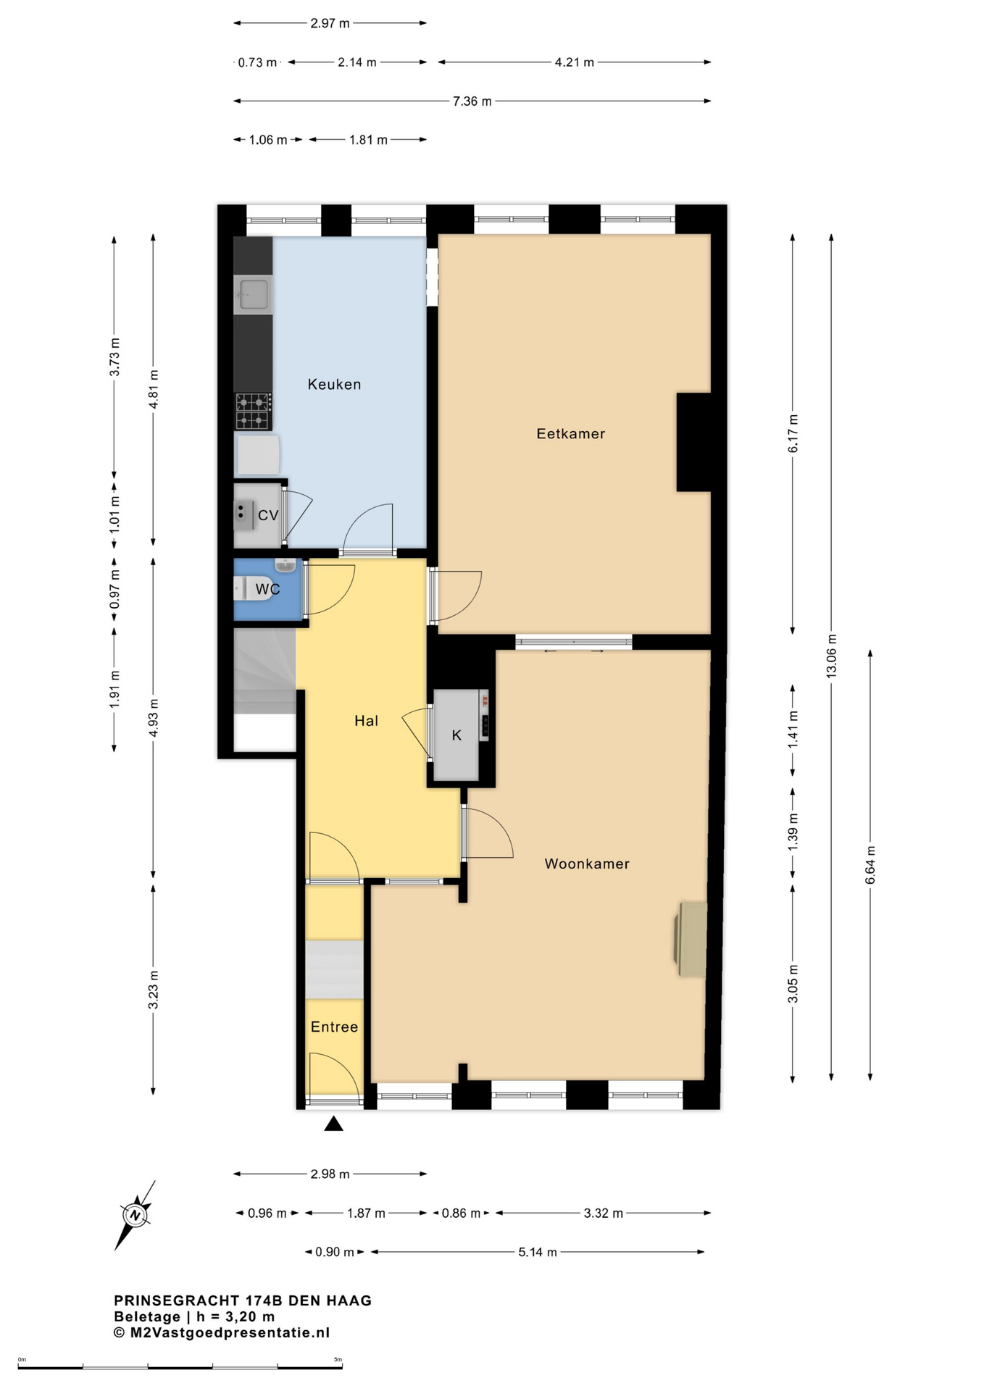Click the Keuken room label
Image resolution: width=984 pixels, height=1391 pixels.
(334, 384)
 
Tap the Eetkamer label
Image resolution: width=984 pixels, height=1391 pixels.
(570, 433)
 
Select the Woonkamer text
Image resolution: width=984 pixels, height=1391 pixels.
(587, 864)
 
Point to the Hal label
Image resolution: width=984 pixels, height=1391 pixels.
(366, 720)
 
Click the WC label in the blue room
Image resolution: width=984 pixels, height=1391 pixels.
(267, 589)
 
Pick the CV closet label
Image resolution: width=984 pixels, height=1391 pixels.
(268, 515)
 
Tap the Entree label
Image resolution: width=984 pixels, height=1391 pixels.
(334, 1027)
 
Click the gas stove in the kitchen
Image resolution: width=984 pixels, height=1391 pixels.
(253, 412)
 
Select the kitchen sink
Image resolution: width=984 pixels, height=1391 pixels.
(253, 294)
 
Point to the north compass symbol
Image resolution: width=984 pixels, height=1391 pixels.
(135, 1215)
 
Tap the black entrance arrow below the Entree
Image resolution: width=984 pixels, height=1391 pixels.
(333, 1123)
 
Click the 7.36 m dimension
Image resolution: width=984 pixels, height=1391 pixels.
(472, 101)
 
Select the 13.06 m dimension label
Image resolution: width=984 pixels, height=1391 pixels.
(832, 656)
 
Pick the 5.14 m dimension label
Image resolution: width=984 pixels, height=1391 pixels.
(538, 1252)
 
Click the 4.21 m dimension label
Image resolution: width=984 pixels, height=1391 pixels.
(575, 62)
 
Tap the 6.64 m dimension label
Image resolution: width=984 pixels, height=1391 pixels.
(870, 865)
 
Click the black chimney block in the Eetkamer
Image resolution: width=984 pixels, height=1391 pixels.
(694, 442)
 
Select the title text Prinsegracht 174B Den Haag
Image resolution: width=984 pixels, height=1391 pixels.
(243, 1300)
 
